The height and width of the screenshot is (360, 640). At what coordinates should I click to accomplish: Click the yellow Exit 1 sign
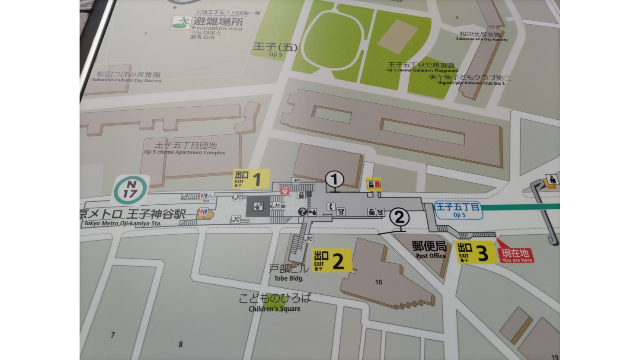pos(251,178)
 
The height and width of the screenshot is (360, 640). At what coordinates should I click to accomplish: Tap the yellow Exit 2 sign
pos(332,260)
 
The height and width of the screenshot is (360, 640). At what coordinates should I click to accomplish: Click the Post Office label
pos(430,250)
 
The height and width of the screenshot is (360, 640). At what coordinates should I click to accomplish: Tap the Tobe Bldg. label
pos(289,273)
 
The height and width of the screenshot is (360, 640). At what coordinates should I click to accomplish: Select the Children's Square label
pos(275,302)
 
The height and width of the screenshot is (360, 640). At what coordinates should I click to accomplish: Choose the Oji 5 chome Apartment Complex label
pos(185,149)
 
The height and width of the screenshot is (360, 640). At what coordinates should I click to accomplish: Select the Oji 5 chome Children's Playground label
pos(422,67)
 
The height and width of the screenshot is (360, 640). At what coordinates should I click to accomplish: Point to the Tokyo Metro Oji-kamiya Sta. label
pos(130,218)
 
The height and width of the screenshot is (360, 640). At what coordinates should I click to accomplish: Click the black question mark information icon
pos(302,212)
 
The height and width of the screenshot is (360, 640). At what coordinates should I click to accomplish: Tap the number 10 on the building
pos(378,282)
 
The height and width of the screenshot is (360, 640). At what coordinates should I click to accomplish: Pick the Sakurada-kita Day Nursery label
pos(481,36)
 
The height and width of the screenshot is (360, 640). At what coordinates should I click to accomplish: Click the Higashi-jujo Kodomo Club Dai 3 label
pos(469,80)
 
